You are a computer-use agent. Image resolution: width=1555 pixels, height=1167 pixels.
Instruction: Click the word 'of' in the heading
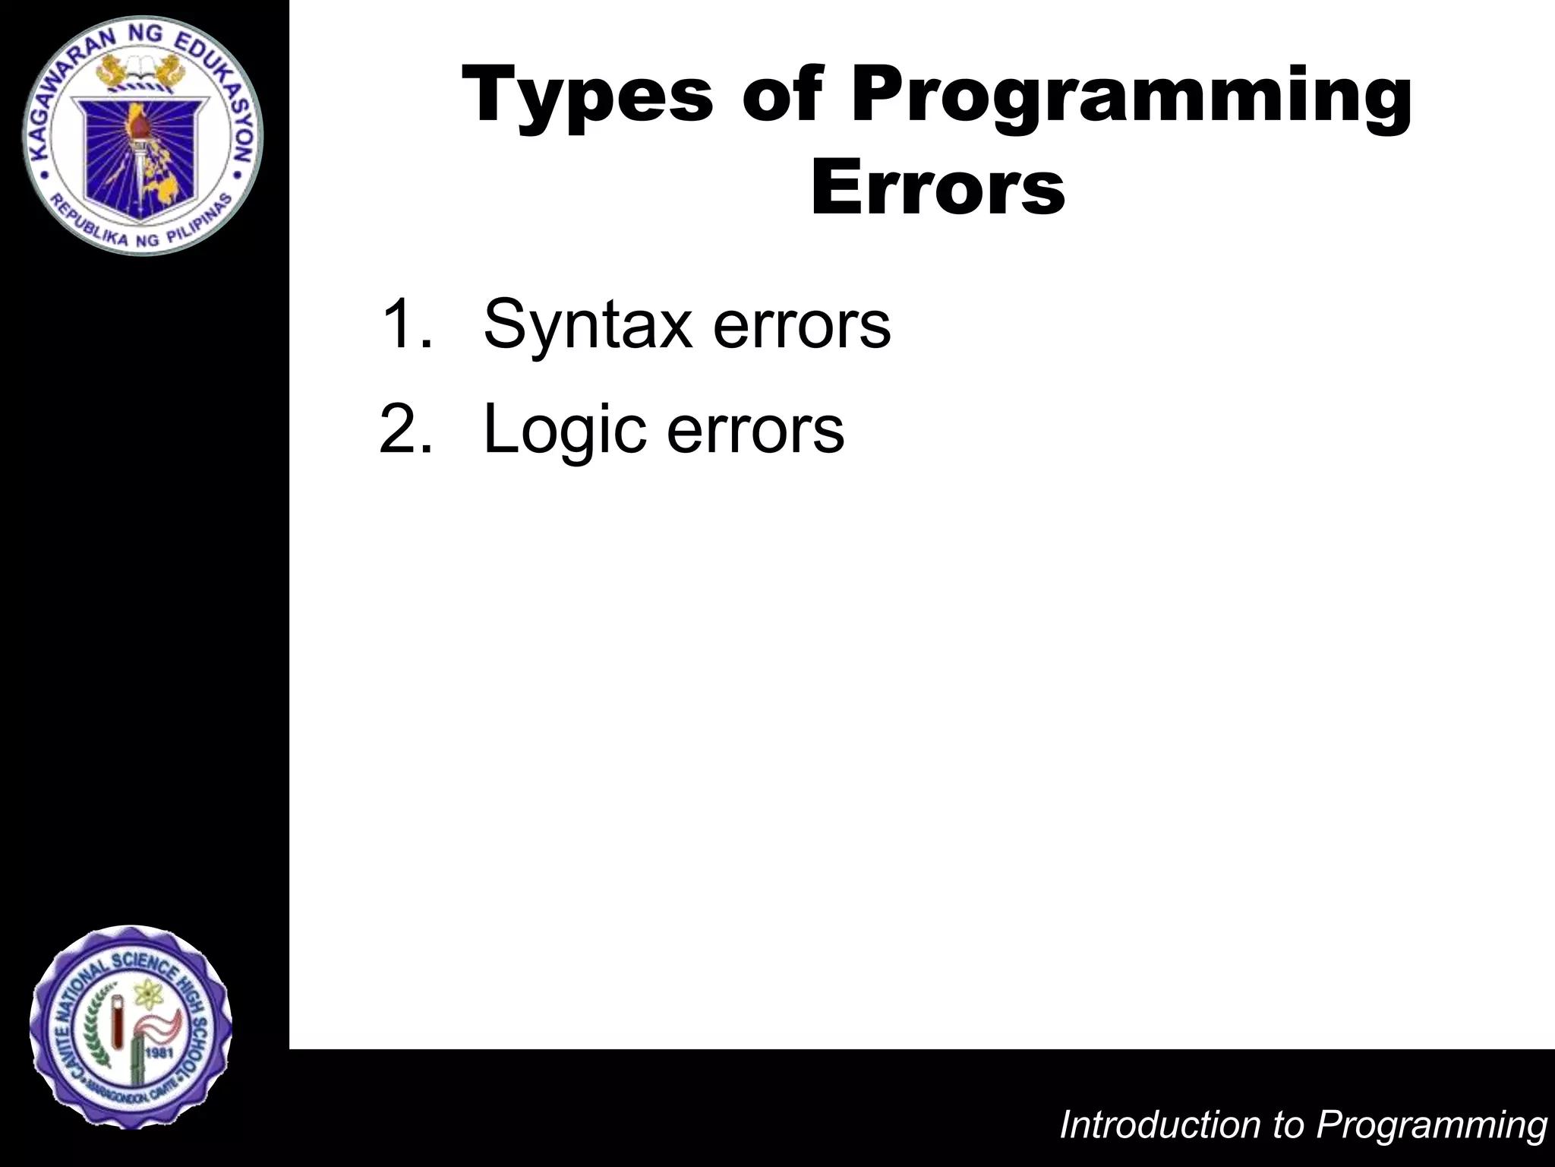point(782,96)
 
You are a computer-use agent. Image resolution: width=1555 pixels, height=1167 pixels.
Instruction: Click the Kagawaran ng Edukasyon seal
point(142,135)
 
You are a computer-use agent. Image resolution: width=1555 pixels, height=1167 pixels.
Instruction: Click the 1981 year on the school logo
point(162,1053)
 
